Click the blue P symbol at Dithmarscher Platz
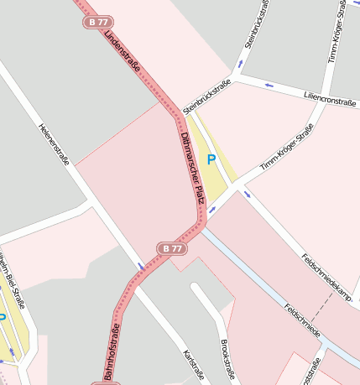click(x=211, y=159)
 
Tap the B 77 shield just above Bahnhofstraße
click(x=171, y=248)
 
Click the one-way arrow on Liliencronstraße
click(x=269, y=85)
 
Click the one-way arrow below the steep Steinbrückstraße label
click(x=242, y=63)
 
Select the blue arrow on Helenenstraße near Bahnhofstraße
click(x=142, y=267)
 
